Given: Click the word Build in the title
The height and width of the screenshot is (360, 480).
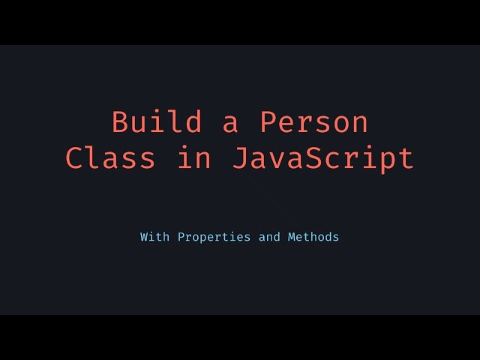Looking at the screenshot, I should pyautogui.click(x=157, y=122).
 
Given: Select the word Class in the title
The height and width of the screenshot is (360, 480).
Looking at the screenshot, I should pyautogui.click(x=111, y=158).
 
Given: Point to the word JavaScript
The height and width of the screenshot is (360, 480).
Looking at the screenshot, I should pyautogui.click(x=322, y=158).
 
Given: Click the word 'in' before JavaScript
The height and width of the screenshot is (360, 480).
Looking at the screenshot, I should pyautogui.click(x=193, y=158).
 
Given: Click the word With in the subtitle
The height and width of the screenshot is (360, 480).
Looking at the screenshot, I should pyautogui.click(x=154, y=237).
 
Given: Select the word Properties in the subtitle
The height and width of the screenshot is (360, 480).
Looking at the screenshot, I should pyautogui.click(x=212, y=237).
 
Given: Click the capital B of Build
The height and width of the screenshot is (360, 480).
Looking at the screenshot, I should pyautogui.click(x=120, y=122).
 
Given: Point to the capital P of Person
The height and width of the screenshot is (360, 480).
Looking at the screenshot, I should pyautogui.click(x=268, y=122).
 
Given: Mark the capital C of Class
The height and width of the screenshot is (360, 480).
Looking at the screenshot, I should pyautogui.click(x=74, y=158).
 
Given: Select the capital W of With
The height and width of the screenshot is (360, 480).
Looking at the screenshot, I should pyautogui.click(x=144, y=237).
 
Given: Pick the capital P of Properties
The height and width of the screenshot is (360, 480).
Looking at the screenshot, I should pyautogui.click(x=181, y=237).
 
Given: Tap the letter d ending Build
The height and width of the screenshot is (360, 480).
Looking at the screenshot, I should pyautogui.click(x=193, y=122).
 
